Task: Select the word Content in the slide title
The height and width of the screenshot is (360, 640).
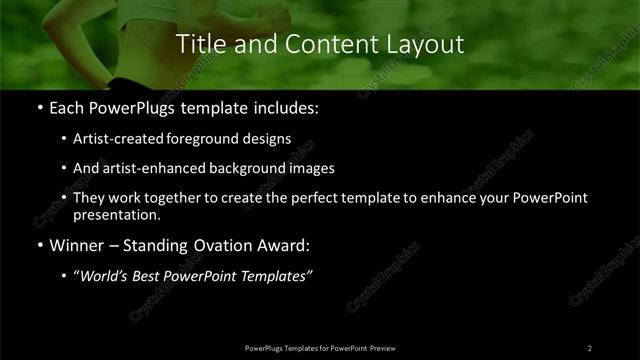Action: [x=320, y=44]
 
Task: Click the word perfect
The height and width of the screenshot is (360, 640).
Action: [x=320, y=198]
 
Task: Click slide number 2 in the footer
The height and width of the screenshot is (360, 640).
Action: [x=589, y=347]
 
